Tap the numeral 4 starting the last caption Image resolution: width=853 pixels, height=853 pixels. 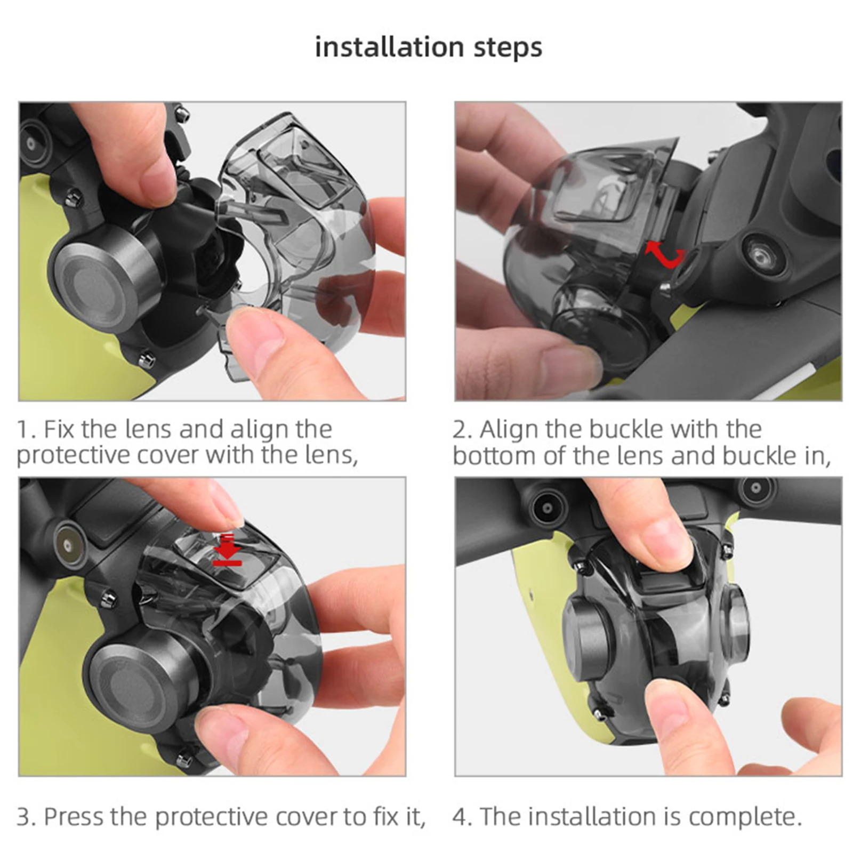458,817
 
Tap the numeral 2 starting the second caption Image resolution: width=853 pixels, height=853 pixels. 458,429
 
